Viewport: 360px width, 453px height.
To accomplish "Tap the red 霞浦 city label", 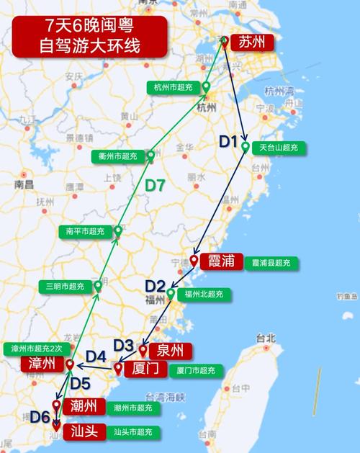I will tap(221, 261).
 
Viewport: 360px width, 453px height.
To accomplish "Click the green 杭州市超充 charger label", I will tap(174, 87).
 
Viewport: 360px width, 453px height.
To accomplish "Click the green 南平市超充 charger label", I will tap(85, 231).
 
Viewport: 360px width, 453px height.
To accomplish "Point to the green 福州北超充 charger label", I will tap(203, 294).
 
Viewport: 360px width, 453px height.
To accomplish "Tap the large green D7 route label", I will tap(156, 186).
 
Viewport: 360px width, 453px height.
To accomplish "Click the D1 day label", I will tap(228, 142).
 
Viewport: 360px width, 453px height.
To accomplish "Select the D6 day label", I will tap(40, 416).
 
